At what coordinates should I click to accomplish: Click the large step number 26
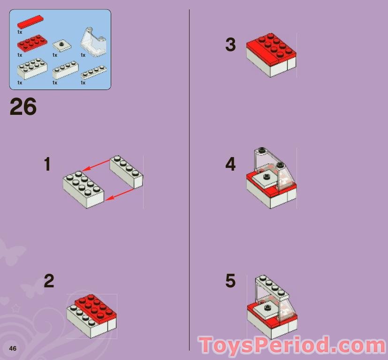tap(23, 106)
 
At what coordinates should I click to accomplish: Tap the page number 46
tap(13, 348)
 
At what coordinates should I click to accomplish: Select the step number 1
tap(47, 164)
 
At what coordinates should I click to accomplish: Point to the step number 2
tap(49, 281)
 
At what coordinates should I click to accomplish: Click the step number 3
tap(230, 45)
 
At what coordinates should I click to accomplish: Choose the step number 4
tap(230, 164)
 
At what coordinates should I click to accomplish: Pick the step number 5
tap(230, 281)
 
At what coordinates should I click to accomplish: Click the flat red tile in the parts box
tap(30, 22)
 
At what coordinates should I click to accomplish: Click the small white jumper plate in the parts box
tap(62, 45)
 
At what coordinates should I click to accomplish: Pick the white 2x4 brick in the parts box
tap(32, 68)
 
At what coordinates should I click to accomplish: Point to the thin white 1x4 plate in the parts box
tap(94, 72)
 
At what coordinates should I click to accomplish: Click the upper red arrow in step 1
tap(96, 165)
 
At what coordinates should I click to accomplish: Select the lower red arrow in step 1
tap(120, 195)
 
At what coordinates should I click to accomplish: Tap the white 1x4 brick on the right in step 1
tap(127, 172)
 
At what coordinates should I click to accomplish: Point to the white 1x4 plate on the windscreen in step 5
tap(272, 287)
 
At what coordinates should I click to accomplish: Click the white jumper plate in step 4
tap(266, 179)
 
